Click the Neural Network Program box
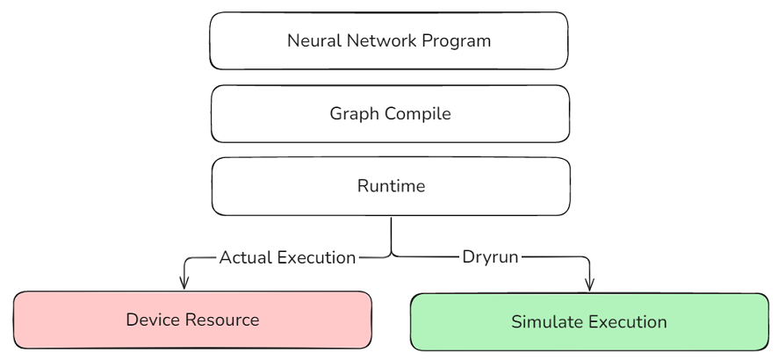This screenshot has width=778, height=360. [389, 40]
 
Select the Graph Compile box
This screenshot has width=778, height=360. [389, 113]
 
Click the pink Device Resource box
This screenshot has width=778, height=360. [192, 320]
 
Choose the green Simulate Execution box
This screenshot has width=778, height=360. [589, 322]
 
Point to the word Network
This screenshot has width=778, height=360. [378, 40]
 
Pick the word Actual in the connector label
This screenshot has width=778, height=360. [244, 258]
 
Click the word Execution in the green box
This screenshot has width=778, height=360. [626, 322]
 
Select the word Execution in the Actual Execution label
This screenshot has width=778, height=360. [316, 258]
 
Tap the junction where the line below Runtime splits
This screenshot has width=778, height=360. [391, 254]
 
